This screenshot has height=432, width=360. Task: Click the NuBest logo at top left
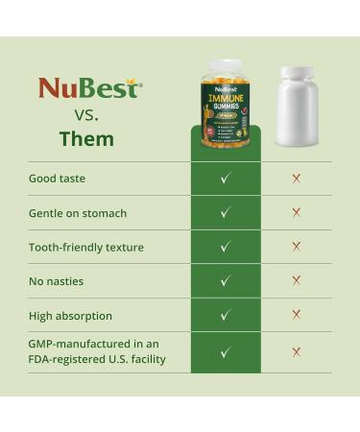(x=88, y=89)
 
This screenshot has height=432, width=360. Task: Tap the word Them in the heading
(x=86, y=138)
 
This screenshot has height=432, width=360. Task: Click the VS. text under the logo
(x=86, y=113)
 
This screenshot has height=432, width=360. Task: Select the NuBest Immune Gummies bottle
(x=226, y=106)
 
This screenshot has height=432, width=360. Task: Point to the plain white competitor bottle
(x=297, y=106)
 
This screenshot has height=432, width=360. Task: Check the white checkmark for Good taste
(x=226, y=179)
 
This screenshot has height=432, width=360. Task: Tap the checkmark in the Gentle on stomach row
(x=226, y=213)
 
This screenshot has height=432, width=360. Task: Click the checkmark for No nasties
(x=226, y=281)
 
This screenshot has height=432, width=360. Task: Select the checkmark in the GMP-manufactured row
(x=226, y=352)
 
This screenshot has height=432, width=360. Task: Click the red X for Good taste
(x=297, y=179)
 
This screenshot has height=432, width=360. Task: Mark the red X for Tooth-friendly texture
(x=297, y=247)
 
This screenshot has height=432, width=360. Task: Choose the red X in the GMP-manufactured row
(x=297, y=352)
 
